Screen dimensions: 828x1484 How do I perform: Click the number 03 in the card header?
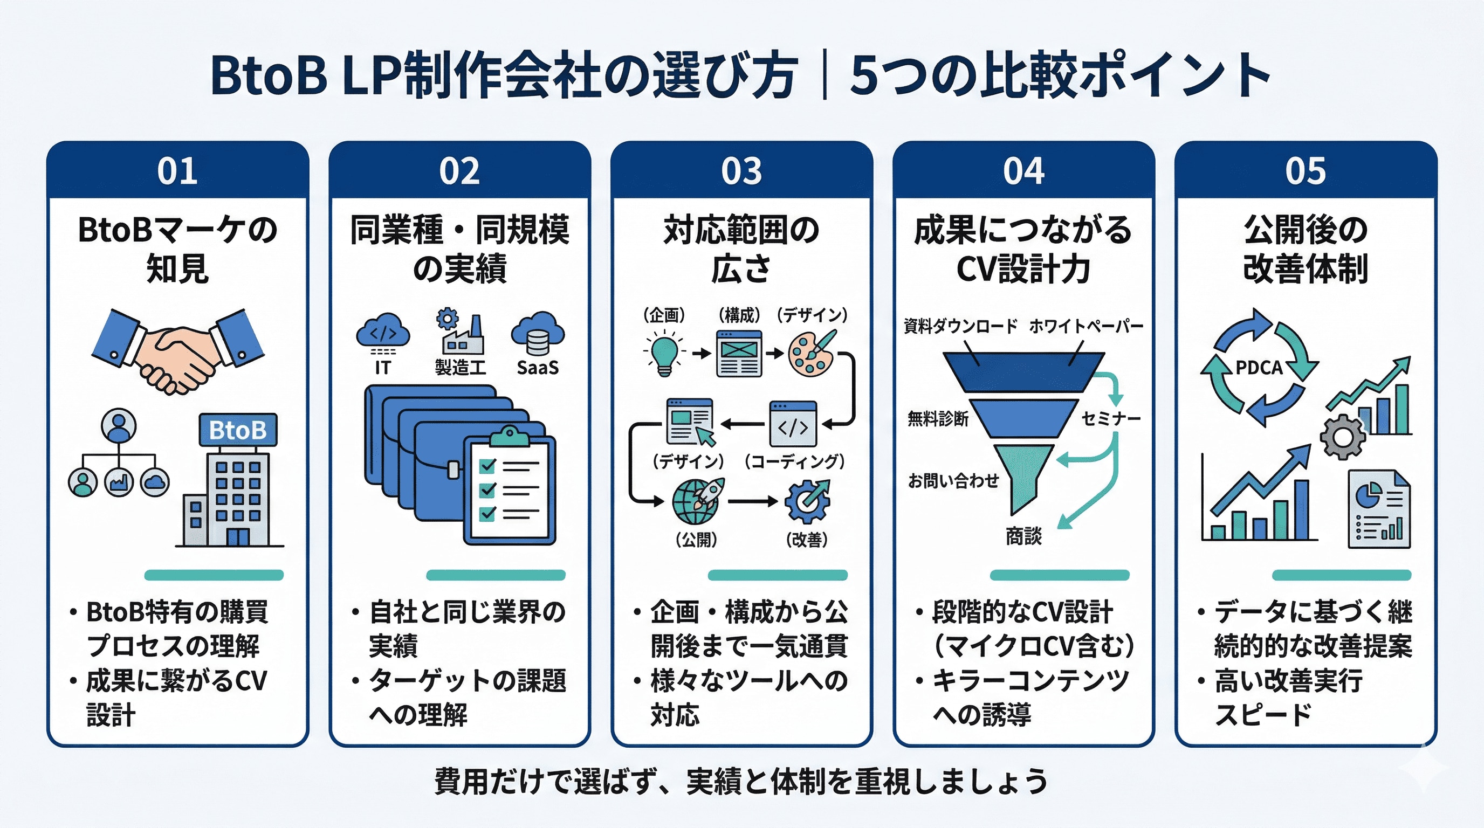click(x=741, y=171)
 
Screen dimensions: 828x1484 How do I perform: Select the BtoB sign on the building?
click(x=237, y=430)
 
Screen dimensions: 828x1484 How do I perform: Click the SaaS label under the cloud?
click(x=537, y=367)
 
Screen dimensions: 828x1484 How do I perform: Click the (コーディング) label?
click(x=794, y=461)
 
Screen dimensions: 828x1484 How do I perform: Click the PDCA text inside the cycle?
click(x=1259, y=367)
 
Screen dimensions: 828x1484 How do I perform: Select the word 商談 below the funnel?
click(x=1023, y=537)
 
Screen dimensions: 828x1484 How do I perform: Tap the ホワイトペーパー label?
click(x=1086, y=327)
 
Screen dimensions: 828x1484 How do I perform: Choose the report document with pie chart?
click(x=1378, y=509)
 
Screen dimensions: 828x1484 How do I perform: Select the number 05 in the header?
click(x=1305, y=171)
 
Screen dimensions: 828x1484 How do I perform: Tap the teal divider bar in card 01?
click(x=214, y=575)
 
